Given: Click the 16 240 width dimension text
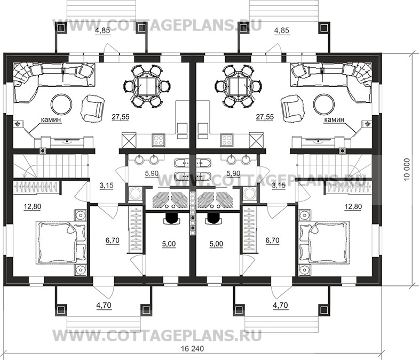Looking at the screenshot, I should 193,349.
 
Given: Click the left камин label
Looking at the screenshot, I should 50,121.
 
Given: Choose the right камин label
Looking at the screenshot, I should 335,121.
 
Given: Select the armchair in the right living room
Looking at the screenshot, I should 292,107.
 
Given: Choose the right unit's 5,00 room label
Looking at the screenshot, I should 216,244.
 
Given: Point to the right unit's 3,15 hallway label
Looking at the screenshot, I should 279,186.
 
